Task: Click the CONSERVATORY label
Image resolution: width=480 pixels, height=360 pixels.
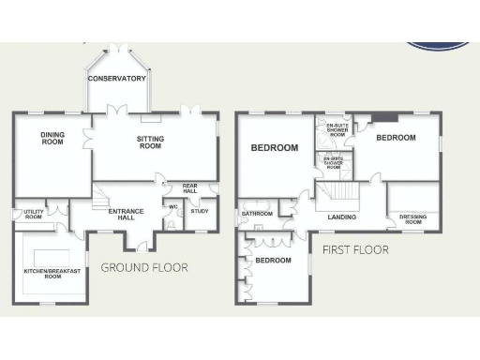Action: (117, 79)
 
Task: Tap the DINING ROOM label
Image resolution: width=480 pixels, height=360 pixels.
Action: (52, 139)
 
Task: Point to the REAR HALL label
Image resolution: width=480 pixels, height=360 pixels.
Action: (189, 188)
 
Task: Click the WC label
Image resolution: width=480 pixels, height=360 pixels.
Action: (172, 206)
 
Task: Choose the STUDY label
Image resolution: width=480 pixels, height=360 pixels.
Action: (199, 211)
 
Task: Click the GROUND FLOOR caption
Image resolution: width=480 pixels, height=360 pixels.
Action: (144, 268)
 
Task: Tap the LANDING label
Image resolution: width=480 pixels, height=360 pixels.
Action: (342, 218)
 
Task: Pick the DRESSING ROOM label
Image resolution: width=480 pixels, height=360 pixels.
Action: (412, 220)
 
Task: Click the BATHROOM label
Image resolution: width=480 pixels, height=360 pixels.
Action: (257, 214)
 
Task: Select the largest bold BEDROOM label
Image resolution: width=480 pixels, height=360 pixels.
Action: (274, 148)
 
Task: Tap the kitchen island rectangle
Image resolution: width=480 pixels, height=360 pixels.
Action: (50, 258)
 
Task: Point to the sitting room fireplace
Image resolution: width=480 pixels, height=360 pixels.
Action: (150, 118)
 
